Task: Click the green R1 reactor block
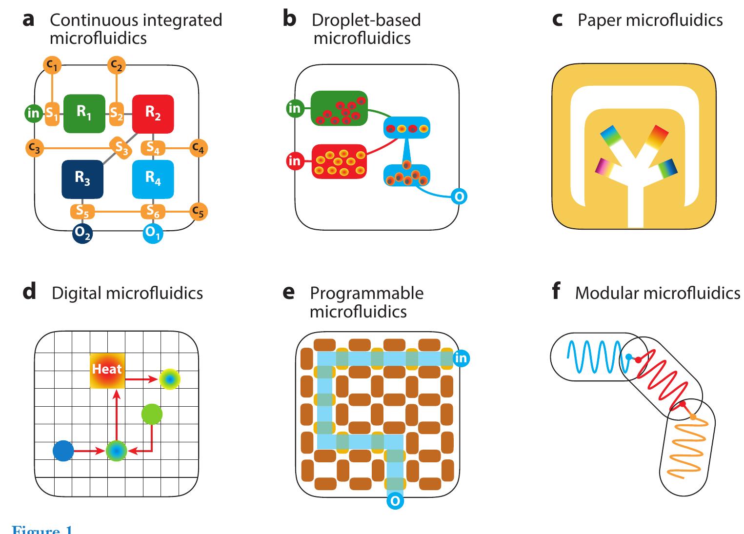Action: pyautogui.click(x=84, y=113)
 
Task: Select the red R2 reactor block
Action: pyautogui.click(x=153, y=114)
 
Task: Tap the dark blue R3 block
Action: pyautogui.click(x=82, y=179)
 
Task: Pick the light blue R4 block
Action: pyautogui.click(x=153, y=179)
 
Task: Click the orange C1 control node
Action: pyautogui.click(x=51, y=64)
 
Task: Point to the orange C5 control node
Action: pyautogui.click(x=198, y=211)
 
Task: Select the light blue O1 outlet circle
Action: pyautogui.click(x=153, y=234)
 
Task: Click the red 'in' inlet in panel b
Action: pyautogui.click(x=295, y=160)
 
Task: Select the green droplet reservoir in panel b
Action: pyautogui.click(x=339, y=108)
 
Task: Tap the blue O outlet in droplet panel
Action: pyautogui.click(x=459, y=196)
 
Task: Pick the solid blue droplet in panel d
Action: pyautogui.click(x=63, y=451)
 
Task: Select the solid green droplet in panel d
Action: pyautogui.click(x=152, y=414)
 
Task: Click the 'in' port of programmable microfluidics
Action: pyautogui.click(x=461, y=358)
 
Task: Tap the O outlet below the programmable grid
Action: pyautogui.click(x=395, y=501)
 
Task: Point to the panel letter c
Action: pyautogui.click(x=557, y=20)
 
